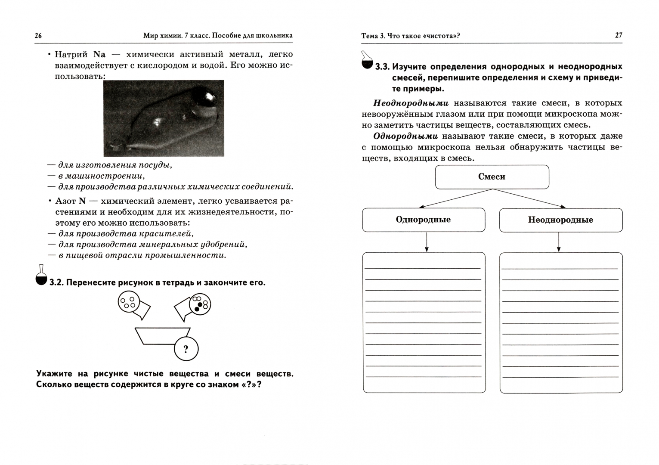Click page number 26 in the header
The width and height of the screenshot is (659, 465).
point(38,36)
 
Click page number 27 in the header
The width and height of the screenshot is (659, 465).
point(619,35)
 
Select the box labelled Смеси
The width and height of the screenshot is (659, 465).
point(492,177)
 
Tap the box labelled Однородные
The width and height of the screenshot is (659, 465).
point(423,220)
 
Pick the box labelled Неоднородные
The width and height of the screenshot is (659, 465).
point(560,220)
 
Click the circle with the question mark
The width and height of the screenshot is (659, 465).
point(186,349)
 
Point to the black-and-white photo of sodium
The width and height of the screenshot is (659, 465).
point(164,118)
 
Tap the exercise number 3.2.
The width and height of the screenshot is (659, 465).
point(56,283)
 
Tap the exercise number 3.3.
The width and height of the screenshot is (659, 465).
point(382,67)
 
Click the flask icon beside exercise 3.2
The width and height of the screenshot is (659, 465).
point(41,276)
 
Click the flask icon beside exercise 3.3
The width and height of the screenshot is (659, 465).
point(367,60)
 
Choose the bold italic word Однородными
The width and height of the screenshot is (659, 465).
point(405,136)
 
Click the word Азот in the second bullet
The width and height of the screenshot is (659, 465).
point(66,201)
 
